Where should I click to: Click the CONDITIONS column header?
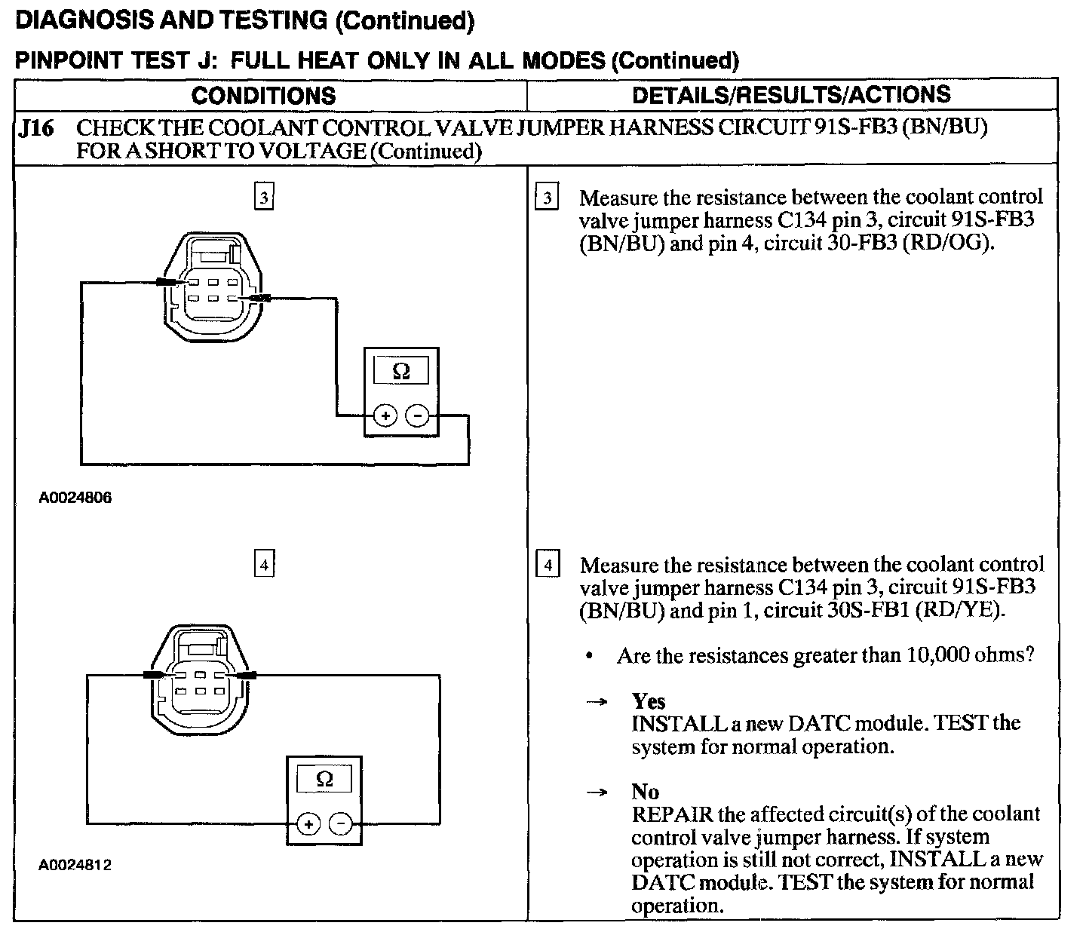point(263,96)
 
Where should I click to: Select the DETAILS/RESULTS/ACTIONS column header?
point(791,95)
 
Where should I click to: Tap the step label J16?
point(37,129)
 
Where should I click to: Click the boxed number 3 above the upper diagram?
point(263,198)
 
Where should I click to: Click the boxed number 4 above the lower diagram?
point(263,564)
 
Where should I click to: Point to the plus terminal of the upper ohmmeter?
point(385,415)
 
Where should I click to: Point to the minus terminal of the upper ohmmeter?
point(418,415)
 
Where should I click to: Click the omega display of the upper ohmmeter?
point(401,371)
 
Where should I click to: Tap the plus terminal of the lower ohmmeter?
point(308,824)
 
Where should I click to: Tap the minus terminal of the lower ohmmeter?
point(341,824)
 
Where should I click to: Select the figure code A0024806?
point(75,498)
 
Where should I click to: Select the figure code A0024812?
point(75,865)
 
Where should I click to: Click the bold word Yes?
point(649,701)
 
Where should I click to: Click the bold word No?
point(646,792)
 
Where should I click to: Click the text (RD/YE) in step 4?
point(959,610)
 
